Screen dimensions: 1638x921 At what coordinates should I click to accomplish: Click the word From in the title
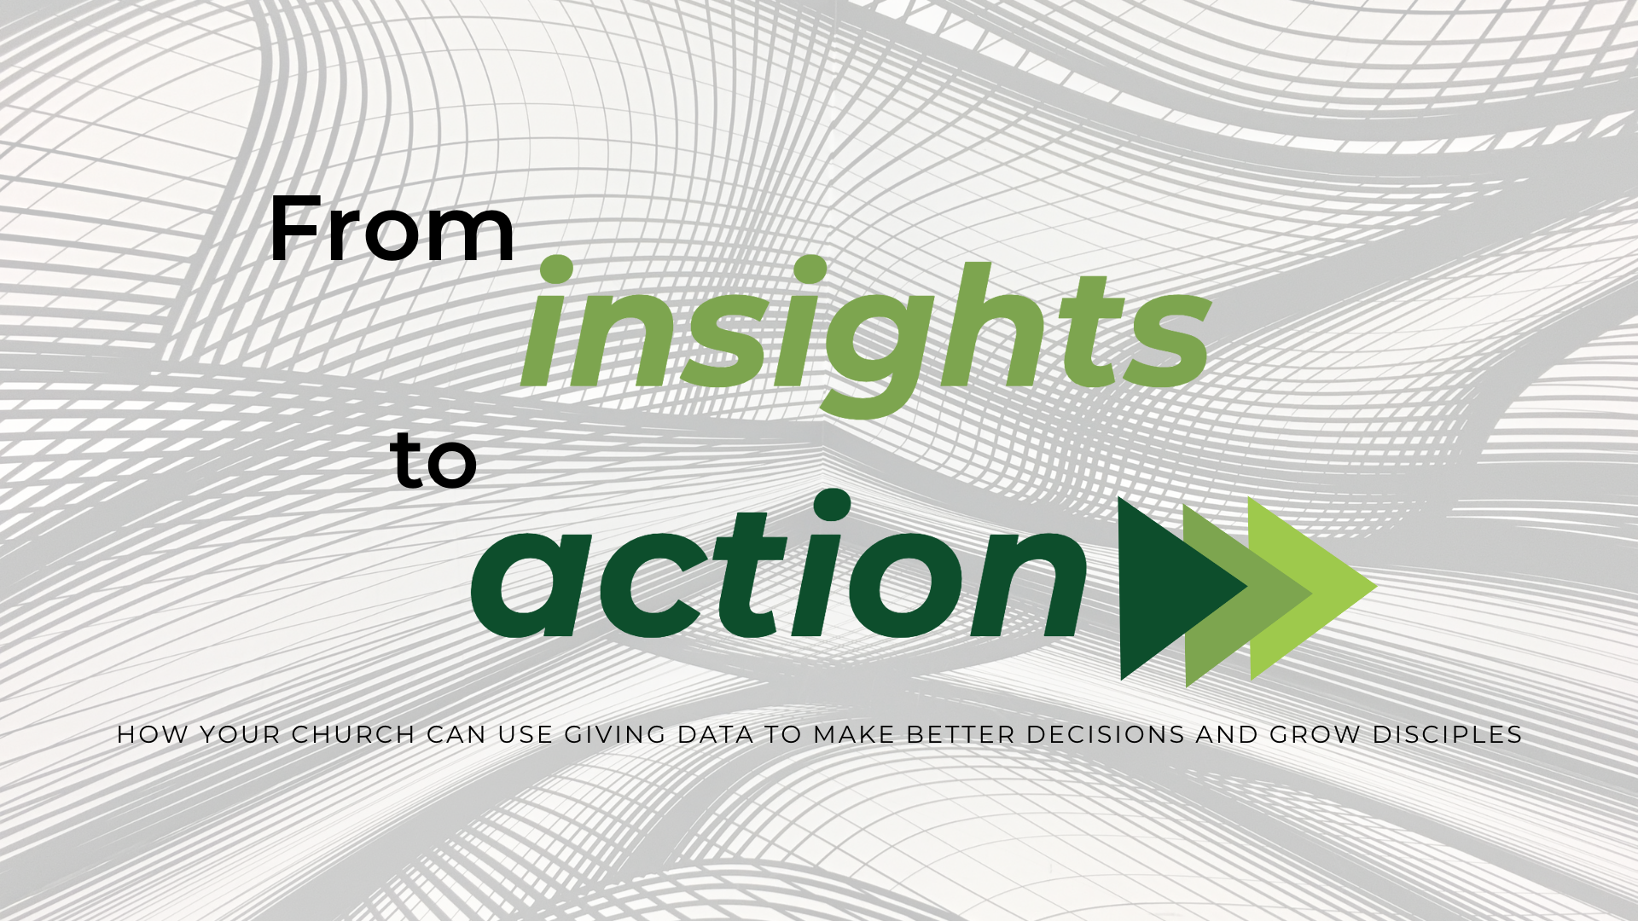[x=392, y=229]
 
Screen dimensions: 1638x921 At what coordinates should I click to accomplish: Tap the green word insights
[x=865, y=336]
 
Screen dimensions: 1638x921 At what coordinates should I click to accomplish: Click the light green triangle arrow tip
[x=1376, y=587]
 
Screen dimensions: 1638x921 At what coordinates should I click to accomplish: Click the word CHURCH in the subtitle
[x=353, y=734]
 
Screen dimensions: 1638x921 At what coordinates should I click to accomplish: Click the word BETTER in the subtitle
[x=961, y=734]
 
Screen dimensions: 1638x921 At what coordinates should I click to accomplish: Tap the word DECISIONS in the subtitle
[x=1106, y=734]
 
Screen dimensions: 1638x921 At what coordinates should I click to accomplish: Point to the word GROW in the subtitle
[x=1316, y=734]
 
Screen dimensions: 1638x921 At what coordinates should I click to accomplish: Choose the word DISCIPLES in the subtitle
[x=1448, y=734]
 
